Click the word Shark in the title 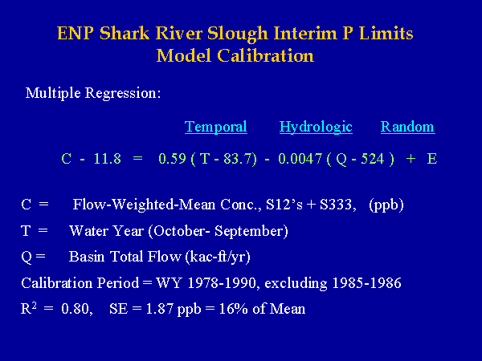pos(125,33)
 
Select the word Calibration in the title pos(266,56)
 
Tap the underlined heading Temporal pos(216,127)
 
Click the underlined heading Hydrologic pos(316,127)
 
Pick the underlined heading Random pos(407,127)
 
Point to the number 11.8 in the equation pos(108,159)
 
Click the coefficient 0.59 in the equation pos(172,159)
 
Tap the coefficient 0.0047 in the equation pos(300,159)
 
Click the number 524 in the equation pos(373,159)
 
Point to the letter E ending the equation pos(432,159)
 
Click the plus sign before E pos(411,159)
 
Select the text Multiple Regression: pos(93,93)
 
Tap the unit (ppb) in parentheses pos(386,205)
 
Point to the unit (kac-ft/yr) pos(218,257)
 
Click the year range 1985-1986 pos(367,283)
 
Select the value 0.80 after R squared pos(76,309)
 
